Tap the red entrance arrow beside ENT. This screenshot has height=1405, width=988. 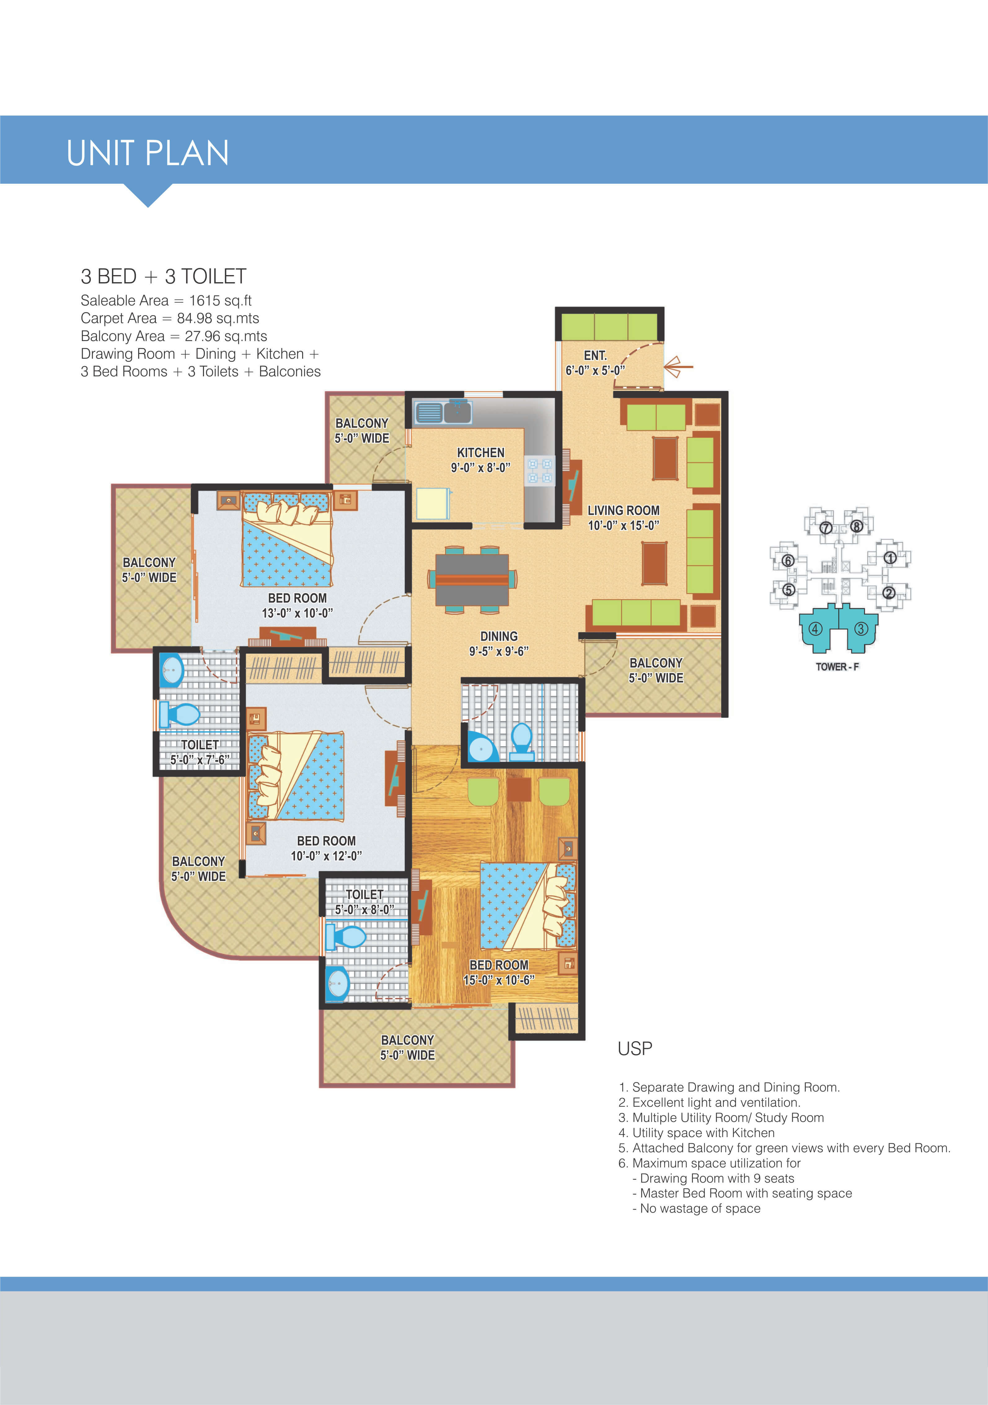pyautogui.click(x=678, y=367)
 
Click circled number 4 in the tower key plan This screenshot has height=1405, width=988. pyautogui.click(x=815, y=628)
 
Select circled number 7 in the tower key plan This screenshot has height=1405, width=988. pyautogui.click(x=826, y=527)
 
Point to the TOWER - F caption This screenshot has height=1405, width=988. pyautogui.click(x=837, y=666)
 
